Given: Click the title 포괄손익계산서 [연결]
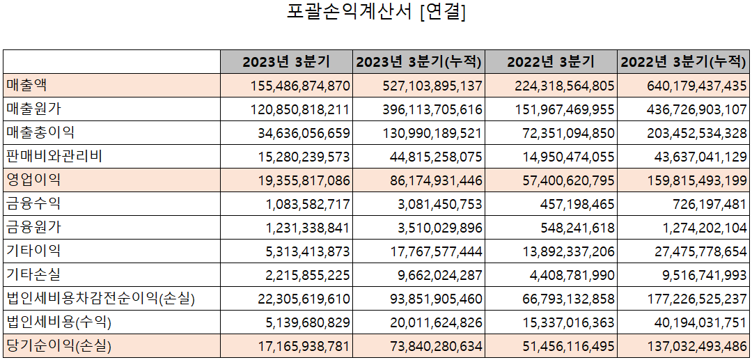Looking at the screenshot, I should [376, 13].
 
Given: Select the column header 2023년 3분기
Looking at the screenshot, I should [286, 61].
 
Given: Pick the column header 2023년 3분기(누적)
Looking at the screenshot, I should [418, 61].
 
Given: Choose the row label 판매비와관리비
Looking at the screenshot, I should [54, 156].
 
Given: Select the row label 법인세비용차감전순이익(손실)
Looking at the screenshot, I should [100, 299].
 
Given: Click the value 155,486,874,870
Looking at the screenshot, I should [299, 86].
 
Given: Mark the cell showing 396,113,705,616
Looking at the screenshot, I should [432, 109].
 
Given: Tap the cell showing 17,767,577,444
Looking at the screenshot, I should [432, 251].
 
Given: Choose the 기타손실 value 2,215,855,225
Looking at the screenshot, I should [308, 275].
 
